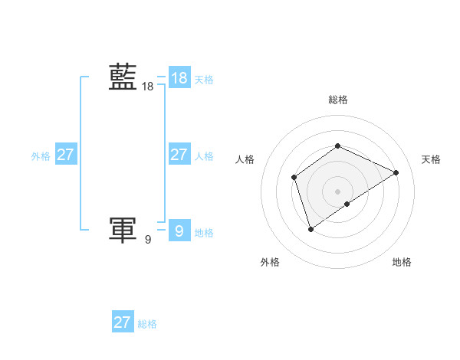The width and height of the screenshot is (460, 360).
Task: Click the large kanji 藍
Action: click(x=123, y=77)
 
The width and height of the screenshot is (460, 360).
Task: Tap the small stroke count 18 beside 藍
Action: click(x=147, y=87)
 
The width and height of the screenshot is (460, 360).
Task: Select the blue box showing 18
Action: click(x=179, y=77)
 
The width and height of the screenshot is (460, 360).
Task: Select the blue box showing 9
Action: click(x=179, y=230)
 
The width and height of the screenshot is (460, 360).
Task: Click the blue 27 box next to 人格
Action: click(x=179, y=155)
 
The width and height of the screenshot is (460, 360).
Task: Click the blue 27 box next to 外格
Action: click(x=65, y=155)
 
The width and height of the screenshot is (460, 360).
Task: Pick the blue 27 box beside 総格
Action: click(x=123, y=322)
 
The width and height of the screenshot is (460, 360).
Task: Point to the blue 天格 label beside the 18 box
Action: click(x=204, y=79)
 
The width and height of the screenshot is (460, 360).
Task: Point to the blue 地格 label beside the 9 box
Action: click(x=204, y=232)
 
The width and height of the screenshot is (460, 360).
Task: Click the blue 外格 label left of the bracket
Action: click(x=41, y=156)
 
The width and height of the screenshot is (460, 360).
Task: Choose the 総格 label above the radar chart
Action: click(x=337, y=100)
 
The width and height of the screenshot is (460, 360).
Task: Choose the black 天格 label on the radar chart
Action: click(x=431, y=159)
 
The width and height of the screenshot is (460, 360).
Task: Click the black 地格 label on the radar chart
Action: click(x=402, y=262)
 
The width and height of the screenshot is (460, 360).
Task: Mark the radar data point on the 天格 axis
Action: click(x=396, y=172)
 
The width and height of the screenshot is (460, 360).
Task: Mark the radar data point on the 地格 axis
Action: click(x=347, y=204)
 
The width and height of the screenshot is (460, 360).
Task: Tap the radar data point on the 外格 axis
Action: click(x=310, y=228)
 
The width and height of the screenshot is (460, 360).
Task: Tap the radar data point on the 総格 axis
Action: click(x=337, y=146)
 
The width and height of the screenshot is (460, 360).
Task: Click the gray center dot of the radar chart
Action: click(x=337, y=191)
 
